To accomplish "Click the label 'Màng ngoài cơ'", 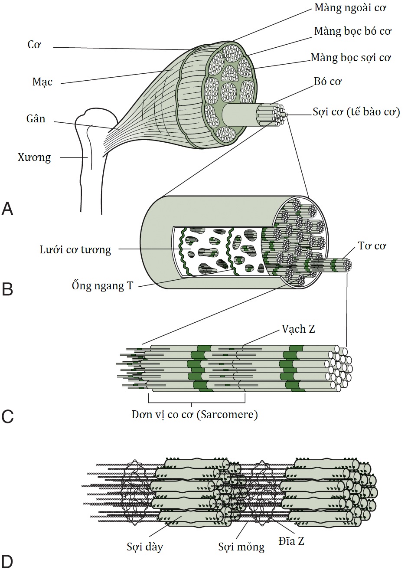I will [x=350, y=8].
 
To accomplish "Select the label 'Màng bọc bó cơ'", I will [x=352, y=31].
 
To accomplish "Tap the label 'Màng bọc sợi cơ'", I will [x=351, y=57].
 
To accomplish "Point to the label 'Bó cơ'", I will [x=328, y=82].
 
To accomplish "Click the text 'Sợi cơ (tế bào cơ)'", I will [x=356, y=112].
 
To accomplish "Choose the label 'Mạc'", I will [x=42, y=82].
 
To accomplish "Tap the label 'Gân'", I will [x=36, y=119].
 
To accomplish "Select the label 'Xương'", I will [x=34, y=157].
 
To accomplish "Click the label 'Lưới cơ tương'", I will [x=75, y=249].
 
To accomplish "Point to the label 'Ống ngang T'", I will [x=102, y=285].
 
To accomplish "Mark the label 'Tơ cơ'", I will [x=372, y=246].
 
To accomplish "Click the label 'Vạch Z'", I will [x=298, y=329].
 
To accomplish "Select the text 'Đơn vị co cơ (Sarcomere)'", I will [x=195, y=414].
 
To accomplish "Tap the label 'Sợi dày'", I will [x=145, y=546].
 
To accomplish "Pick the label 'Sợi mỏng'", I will [x=241, y=547].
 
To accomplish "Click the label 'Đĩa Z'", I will [x=292, y=541].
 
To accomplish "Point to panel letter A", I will [x=7, y=209].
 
